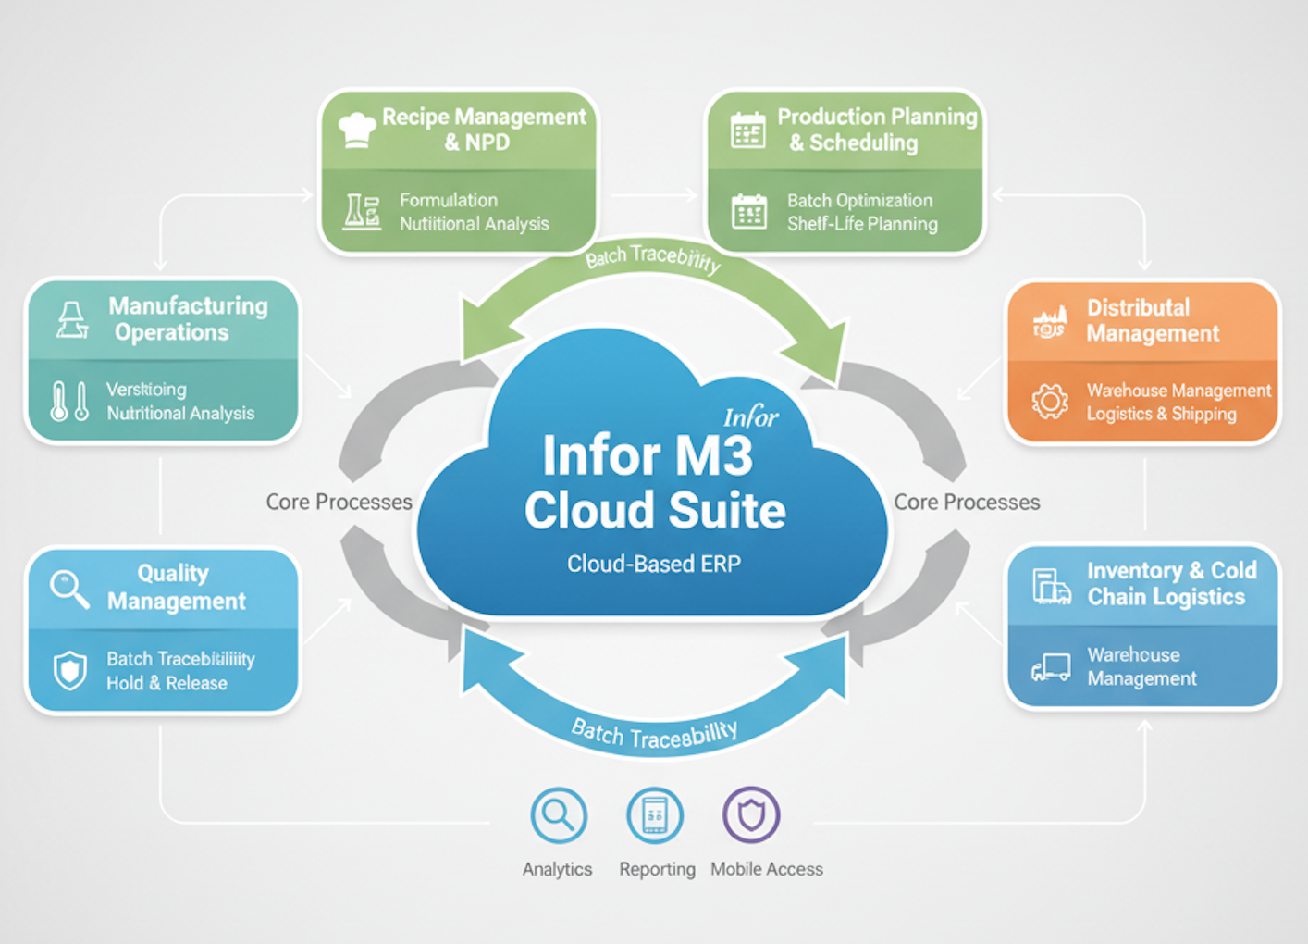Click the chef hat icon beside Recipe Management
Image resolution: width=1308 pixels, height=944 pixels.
[356, 130]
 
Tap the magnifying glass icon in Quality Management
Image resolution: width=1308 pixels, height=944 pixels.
[69, 589]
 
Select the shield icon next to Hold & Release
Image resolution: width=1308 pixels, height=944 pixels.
[70, 671]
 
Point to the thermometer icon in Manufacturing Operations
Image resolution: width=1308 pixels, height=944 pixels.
[70, 402]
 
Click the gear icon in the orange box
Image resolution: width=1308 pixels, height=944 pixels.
[1050, 402]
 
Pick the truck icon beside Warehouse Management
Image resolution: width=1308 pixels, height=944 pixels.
[1051, 667]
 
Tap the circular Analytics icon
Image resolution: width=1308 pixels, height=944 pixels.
[559, 815]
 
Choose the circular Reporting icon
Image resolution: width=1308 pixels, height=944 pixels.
[655, 815]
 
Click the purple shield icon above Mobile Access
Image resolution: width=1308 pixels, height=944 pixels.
[750, 815]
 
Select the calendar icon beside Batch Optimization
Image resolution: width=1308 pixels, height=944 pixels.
[748, 212]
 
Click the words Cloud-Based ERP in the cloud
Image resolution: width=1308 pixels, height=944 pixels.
[654, 564]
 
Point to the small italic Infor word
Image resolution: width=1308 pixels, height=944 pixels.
[750, 418]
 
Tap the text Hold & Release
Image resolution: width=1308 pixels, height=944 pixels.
[167, 683]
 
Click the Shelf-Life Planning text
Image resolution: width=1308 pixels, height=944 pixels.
[862, 224]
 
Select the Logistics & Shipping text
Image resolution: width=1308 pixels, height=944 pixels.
[1161, 414]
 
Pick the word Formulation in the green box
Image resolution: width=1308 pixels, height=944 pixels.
[449, 200]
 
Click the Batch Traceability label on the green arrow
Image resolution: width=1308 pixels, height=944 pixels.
[653, 258]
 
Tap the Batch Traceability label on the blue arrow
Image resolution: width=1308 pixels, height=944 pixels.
[654, 735]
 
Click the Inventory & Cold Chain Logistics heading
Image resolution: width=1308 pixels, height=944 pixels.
[1171, 584]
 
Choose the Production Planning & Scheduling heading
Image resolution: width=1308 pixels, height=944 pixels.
[876, 130]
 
